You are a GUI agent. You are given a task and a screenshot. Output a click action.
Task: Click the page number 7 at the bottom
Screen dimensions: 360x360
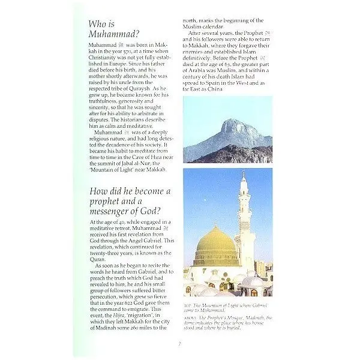tap(179, 344)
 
